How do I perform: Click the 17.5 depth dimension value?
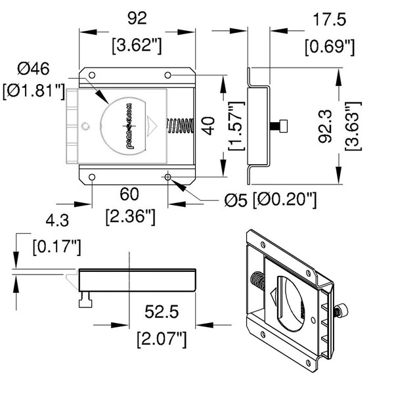tap(329, 20)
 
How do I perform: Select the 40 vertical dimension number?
tap(208, 125)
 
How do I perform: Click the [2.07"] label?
tap(161, 339)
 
